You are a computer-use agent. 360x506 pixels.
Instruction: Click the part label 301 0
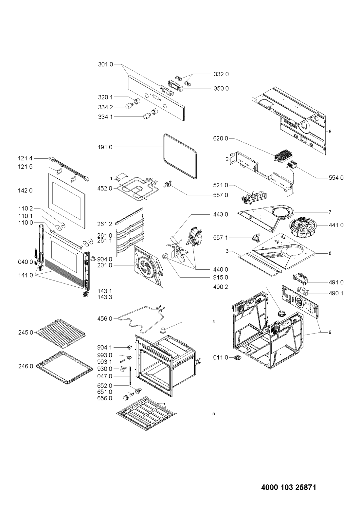pos(105,64)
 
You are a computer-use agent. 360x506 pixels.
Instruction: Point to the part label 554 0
pos(336,178)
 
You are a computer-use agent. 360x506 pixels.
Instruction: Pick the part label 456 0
pos(105,319)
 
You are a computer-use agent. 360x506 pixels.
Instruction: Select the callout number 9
pos(330,332)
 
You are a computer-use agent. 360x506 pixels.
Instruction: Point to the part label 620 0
pos(221,138)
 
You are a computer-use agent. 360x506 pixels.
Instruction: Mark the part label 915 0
pos(221,278)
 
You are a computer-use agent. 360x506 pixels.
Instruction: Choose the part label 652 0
pos(105,386)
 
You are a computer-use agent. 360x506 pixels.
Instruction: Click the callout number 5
pos(214,414)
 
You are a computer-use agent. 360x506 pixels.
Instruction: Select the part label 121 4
pos(25,159)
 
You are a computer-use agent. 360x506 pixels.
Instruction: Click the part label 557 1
pos(221,238)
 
